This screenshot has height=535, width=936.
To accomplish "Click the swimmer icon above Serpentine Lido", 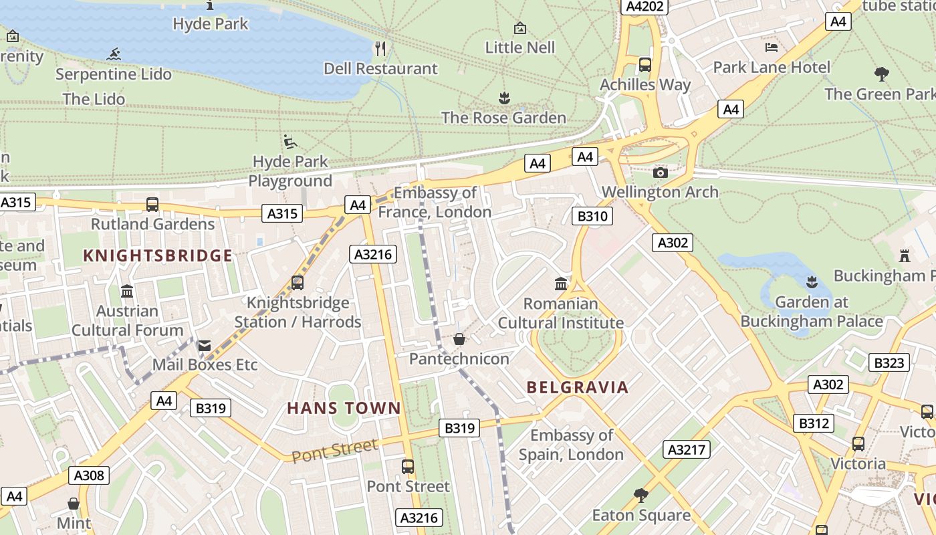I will [x=114, y=54].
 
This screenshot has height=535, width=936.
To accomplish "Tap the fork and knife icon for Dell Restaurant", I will [x=380, y=48].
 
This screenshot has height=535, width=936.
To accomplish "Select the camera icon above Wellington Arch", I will [x=661, y=173].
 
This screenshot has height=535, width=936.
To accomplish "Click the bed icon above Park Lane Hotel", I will [x=772, y=47].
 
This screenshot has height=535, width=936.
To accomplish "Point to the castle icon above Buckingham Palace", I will [x=905, y=255].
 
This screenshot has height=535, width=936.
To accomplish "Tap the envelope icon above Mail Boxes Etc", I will [x=205, y=345].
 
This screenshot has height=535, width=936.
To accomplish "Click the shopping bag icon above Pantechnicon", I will [x=459, y=339].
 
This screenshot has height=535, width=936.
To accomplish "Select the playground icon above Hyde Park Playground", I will [x=290, y=142].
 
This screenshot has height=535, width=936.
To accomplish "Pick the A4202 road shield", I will [x=645, y=7].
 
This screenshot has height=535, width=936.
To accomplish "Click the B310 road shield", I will [x=592, y=216].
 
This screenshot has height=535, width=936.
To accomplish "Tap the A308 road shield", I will [x=89, y=475].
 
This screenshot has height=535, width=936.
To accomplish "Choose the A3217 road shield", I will [x=687, y=449].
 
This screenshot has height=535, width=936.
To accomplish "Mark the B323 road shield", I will [x=889, y=363].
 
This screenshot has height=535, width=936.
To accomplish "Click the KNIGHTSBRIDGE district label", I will [x=158, y=255].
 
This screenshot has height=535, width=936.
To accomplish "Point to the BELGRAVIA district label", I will [x=578, y=387].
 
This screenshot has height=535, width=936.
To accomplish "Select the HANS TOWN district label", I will [x=344, y=408].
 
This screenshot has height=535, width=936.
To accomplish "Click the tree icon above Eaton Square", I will [x=641, y=495].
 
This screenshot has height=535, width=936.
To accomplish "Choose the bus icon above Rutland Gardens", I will [x=152, y=205].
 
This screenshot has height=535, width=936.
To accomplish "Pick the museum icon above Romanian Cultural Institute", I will [x=561, y=284].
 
